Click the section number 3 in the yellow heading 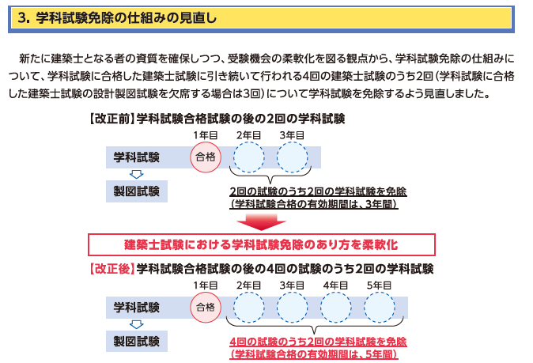pyautogui.click(x=23, y=17)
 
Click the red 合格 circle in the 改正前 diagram pyautogui.click(x=206, y=157)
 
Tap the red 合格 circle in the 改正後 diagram pyautogui.click(x=206, y=308)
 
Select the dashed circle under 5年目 pyautogui.click(x=379, y=308)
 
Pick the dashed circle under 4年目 pyautogui.click(x=335, y=308)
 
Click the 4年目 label pyautogui.click(x=335, y=285)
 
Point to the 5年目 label pyautogui.click(x=379, y=285)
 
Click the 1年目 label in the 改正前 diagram pyautogui.click(x=206, y=135)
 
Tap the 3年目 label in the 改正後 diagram pyautogui.click(x=292, y=285)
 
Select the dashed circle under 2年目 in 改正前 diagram pyautogui.click(x=249, y=157)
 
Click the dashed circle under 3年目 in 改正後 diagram pyautogui.click(x=292, y=308)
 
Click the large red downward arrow pyautogui.click(x=262, y=222)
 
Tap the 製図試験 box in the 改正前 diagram pyautogui.click(x=137, y=191)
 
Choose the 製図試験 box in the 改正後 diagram pyautogui.click(x=137, y=341)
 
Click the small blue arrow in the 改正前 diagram pyautogui.click(x=137, y=174)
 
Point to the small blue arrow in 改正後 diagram pyautogui.click(x=137, y=324)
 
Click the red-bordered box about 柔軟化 pyautogui.click(x=262, y=244)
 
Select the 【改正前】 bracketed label pyautogui.click(x=112, y=119)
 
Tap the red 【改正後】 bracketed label pyautogui.click(x=112, y=269)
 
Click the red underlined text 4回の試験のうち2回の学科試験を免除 pyautogui.click(x=318, y=342)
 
